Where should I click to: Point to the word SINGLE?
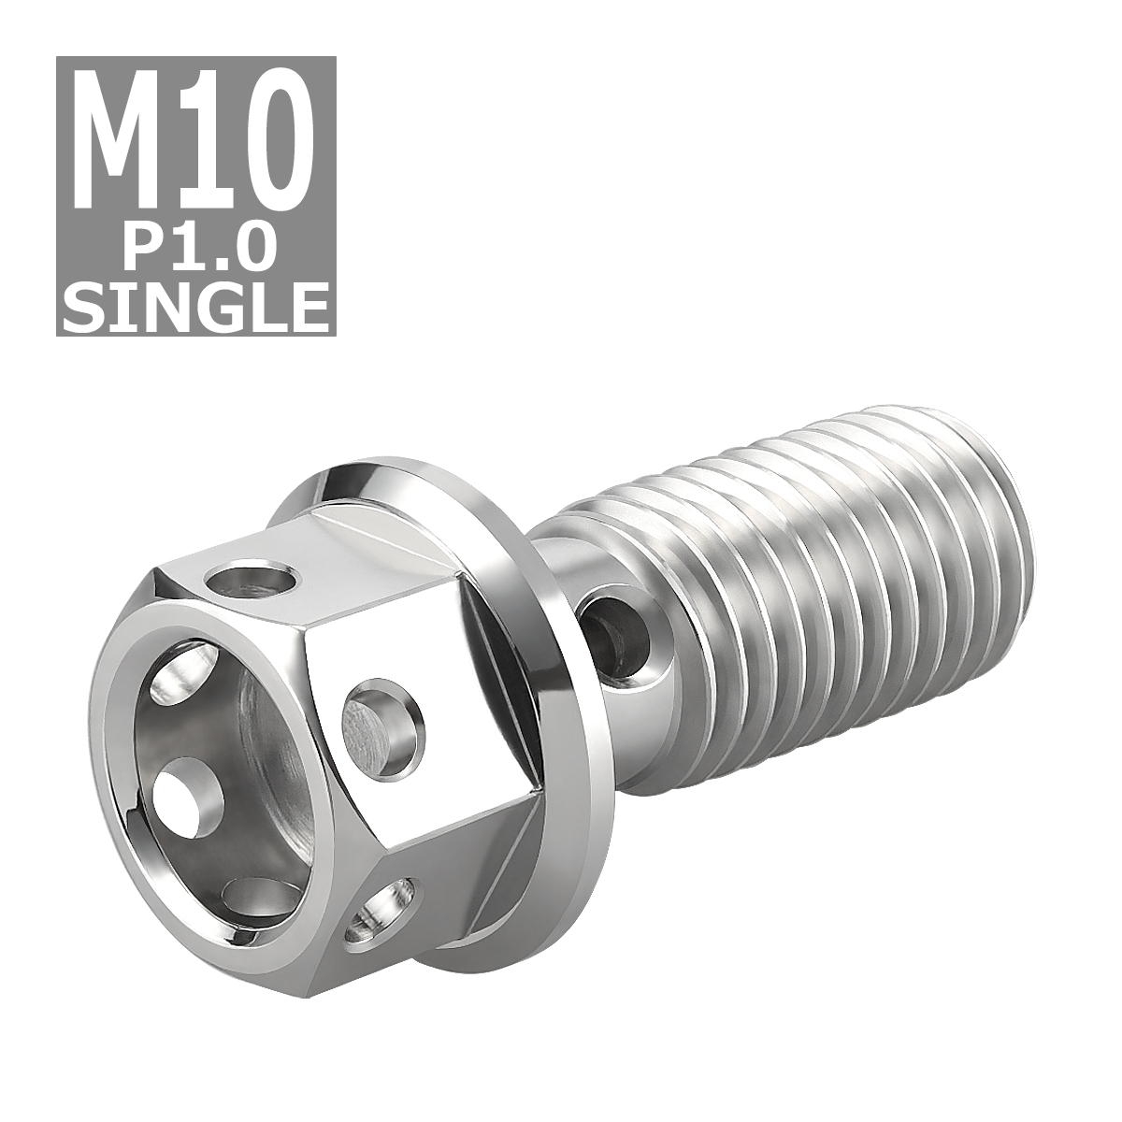tap(195, 296)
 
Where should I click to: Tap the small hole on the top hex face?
tap(250, 587)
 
